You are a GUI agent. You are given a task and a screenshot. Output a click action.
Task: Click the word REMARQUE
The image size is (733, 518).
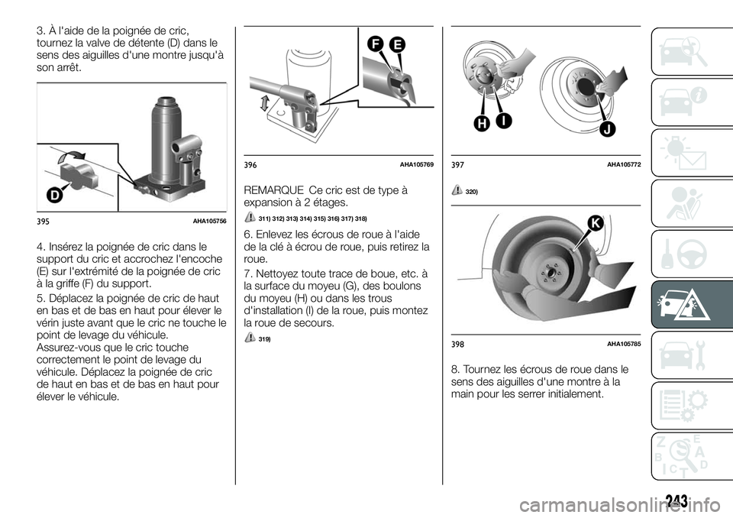coord(270,190)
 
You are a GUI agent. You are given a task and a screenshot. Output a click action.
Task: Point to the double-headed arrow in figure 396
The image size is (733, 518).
coord(264,102)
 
